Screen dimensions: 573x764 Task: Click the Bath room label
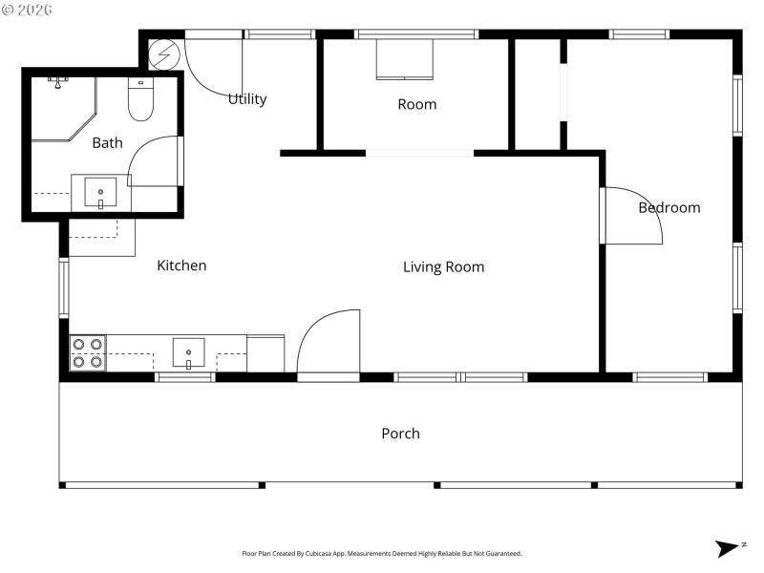pos(107,143)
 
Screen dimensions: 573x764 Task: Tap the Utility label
pos(247,99)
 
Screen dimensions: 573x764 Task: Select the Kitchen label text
pos(181,265)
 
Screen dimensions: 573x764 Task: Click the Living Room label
pos(443,267)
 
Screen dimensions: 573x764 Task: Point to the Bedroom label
pos(668,207)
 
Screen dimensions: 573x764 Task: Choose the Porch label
pos(400,434)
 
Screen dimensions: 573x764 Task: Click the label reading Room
pos(416,104)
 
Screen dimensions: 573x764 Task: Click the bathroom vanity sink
pos(100,193)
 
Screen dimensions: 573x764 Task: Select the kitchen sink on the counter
pos(188,353)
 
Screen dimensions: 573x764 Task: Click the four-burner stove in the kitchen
pos(88,353)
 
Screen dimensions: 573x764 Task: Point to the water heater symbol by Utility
pos(163,54)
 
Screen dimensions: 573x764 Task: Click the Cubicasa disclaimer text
pos(381,554)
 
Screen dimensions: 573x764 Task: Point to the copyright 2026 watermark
pos(28,11)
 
